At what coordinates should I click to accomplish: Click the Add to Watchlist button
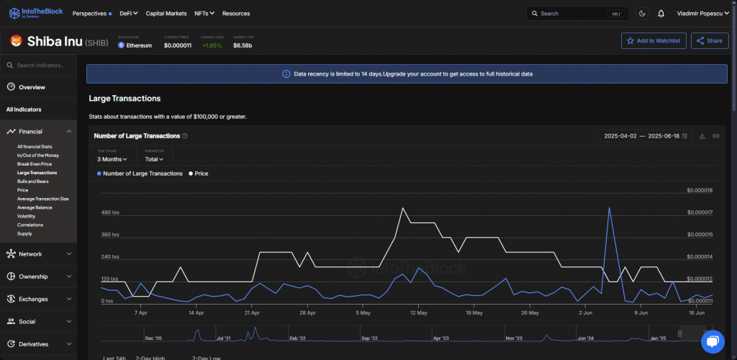[x=654, y=41]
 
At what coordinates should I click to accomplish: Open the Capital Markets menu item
[x=166, y=14]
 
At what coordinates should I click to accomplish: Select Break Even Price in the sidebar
[x=35, y=164]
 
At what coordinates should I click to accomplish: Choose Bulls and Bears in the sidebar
[x=34, y=181]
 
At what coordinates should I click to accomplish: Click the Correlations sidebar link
[x=30, y=225]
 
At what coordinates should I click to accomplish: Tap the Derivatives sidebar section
[x=38, y=344]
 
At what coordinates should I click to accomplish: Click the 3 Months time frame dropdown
[x=112, y=159]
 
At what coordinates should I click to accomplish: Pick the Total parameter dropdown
[x=154, y=159]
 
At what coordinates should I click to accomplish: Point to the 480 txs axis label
[x=111, y=212]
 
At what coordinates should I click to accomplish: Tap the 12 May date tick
[x=418, y=313]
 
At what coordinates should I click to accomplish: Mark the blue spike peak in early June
[x=610, y=208]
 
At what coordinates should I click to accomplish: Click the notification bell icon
[x=661, y=14]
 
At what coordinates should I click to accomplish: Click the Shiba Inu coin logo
[x=15, y=42]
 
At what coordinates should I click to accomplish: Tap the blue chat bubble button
[x=712, y=342]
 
